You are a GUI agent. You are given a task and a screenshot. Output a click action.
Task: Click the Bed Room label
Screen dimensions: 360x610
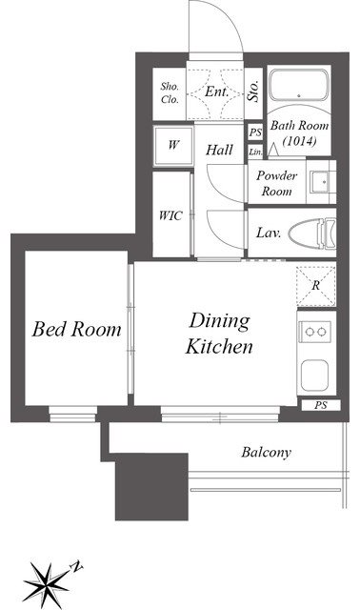pyautogui.click(x=76, y=329)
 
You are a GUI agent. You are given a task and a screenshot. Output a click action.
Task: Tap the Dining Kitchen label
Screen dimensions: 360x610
pyautogui.click(x=219, y=334)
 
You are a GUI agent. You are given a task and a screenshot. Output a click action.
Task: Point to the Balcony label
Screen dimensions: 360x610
pyautogui.click(x=266, y=453)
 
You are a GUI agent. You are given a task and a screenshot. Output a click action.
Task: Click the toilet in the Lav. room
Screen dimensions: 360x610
pyautogui.click(x=311, y=233)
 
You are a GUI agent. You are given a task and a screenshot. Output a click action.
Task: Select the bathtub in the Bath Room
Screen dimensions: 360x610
pyautogui.click(x=299, y=85)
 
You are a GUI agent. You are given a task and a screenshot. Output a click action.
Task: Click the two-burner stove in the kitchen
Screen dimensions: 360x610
pyautogui.click(x=315, y=332)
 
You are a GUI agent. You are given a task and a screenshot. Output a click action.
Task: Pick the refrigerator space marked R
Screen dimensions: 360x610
pyautogui.click(x=315, y=286)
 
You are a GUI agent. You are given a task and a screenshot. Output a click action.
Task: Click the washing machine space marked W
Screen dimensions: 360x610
pyautogui.click(x=173, y=146)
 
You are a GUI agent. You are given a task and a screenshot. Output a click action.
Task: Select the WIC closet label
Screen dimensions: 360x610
pyautogui.click(x=170, y=215)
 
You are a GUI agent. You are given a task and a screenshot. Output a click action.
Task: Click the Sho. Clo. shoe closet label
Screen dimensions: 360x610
pyautogui.click(x=170, y=93)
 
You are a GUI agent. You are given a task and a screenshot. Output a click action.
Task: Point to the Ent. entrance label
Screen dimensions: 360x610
pyautogui.click(x=216, y=91)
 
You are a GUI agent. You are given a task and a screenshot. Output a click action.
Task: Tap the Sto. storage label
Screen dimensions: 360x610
pyautogui.click(x=254, y=91)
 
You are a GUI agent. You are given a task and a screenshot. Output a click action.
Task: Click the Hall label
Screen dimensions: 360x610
pyautogui.click(x=220, y=150)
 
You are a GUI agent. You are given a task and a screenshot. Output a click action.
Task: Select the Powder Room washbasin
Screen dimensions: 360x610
pyautogui.click(x=321, y=181)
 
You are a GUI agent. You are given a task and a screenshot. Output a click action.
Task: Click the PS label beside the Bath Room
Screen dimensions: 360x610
pyautogui.click(x=255, y=132)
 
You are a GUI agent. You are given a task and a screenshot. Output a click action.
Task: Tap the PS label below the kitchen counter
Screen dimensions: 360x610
pyautogui.click(x=321, y=405)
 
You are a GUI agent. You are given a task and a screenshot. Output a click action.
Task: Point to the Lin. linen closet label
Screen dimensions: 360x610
pyautogui.click(x=255, y=152)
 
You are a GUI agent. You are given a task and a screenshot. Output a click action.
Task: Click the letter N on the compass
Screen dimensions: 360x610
pyautogui.click(x=77, y=566)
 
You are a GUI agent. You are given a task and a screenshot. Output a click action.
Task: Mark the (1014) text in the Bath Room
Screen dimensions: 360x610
pyautogui.click(x=299, y=141)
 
